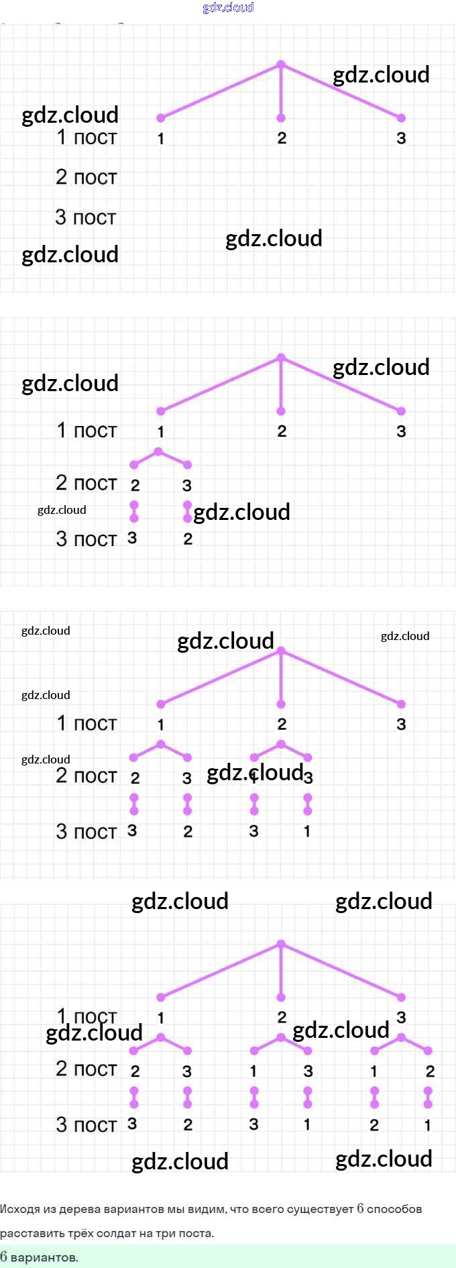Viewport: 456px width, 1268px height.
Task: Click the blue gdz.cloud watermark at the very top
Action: [228, 7]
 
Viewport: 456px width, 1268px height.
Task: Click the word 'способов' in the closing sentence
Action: [394, 1208]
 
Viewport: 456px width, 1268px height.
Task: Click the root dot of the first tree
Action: [281, 64]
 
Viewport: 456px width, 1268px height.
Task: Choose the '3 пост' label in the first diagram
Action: [86, 217]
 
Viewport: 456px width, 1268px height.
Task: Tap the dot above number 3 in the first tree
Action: [401, 118]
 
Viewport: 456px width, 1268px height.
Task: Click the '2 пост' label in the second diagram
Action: [86, 483]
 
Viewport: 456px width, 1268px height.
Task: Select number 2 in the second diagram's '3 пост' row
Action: [188, 539]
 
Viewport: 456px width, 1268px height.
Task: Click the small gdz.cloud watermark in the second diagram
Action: [62, 510]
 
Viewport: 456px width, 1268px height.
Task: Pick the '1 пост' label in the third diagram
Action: [86, 723]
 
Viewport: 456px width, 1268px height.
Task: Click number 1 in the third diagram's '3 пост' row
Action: [307, 831]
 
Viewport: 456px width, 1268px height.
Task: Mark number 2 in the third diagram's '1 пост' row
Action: [282, 724]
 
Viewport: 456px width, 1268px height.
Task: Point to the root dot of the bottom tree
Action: [281, 944]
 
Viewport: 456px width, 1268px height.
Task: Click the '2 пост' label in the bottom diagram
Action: [86, 1069]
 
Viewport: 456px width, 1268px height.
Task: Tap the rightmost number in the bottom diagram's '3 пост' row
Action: [428, 1124]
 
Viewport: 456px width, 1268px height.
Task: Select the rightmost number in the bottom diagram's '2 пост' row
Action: [430, 1071]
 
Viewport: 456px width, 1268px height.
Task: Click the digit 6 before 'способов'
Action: [360, 1208]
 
